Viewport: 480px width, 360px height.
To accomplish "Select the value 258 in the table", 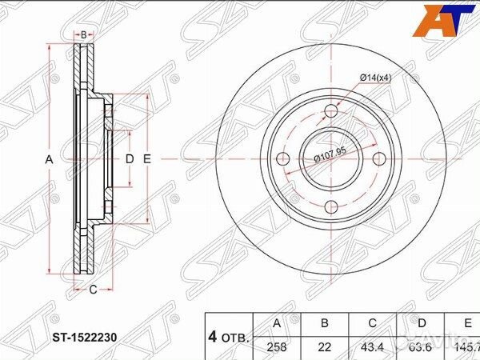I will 277,347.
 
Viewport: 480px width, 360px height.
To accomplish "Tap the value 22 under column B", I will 325,347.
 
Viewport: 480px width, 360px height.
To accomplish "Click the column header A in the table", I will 277,324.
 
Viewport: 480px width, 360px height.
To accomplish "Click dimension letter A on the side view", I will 49,159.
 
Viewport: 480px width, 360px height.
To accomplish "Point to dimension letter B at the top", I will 83,34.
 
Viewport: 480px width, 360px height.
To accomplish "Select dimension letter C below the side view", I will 92,289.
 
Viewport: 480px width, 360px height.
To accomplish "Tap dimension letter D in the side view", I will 128,159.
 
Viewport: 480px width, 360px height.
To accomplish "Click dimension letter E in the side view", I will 146,159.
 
